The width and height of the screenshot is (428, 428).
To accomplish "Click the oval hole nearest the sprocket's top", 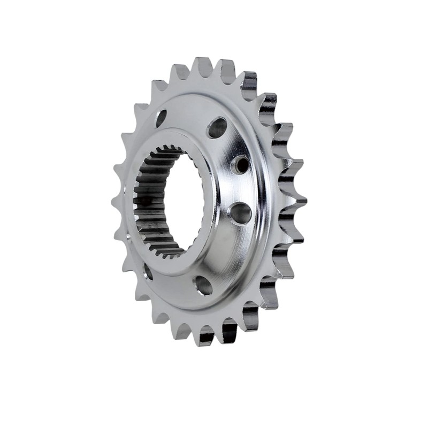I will (x=217, y=127).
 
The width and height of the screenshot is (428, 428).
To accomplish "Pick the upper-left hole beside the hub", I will (x=161, y=118).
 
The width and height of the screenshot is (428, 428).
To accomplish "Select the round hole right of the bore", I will (x=241, y=212).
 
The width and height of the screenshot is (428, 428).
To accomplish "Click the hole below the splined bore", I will (x=203, y=285).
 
